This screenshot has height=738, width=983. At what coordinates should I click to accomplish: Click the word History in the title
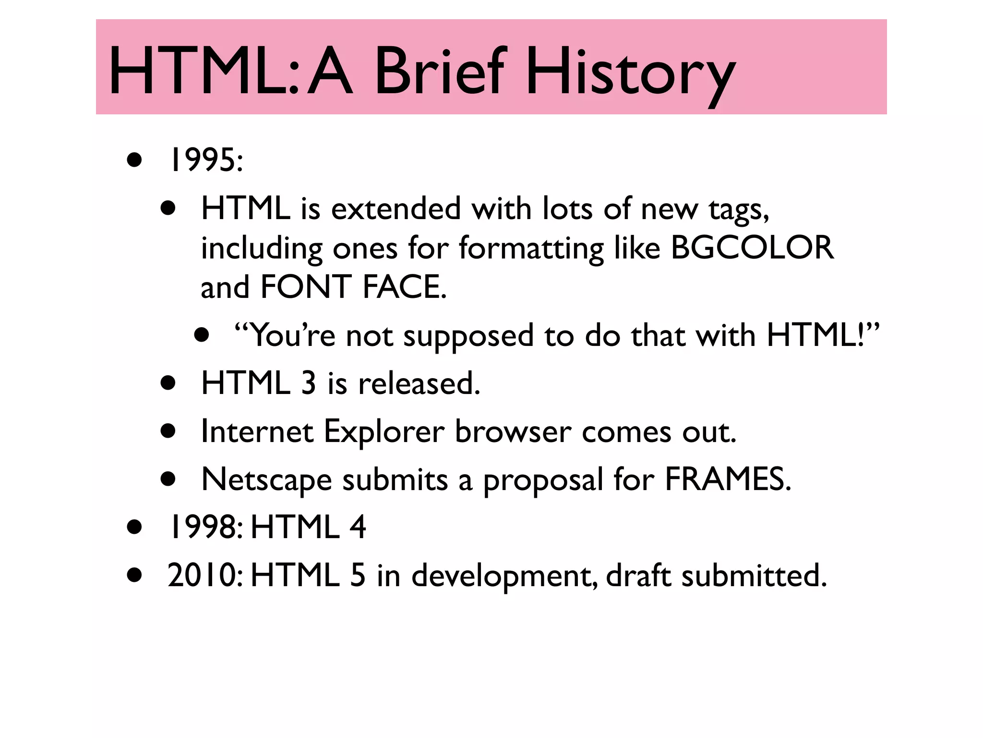click(x=630, y=72)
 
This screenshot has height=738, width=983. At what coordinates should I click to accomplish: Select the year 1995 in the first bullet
click(x=203, y=160)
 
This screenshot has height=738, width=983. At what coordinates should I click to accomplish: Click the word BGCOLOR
click(x=752, y=248)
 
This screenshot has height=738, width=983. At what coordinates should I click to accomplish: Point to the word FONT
click(x=306, y=287)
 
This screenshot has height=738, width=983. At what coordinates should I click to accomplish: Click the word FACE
click(x=404, y=287)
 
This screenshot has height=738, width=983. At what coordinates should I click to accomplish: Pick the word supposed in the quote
click(x=468, y=336)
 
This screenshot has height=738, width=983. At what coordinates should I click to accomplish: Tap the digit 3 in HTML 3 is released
click(x=309, y=383)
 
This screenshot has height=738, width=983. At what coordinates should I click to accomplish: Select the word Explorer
click(x=384, y=432)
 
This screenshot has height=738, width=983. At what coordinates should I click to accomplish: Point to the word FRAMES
click(x=727, y=480)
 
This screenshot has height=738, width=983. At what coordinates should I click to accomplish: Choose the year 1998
click(x=203, y=527)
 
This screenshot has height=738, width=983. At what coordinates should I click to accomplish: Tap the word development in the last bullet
click(x=503, y=576)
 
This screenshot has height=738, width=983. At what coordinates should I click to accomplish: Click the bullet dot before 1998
click(x=134, y=528)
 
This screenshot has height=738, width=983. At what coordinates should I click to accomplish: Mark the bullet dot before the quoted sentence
click(x=202, y=335)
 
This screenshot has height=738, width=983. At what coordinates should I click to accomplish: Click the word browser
click(x=513, y=432)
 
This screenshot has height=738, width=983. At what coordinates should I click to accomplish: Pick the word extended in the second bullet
click(x=396, y=209)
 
